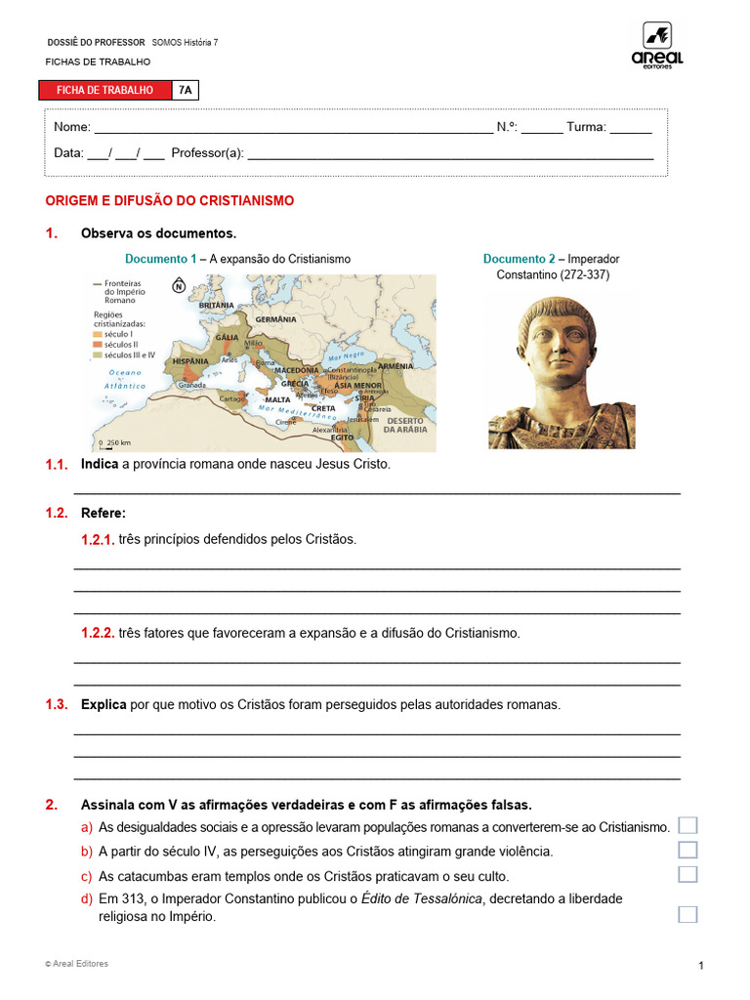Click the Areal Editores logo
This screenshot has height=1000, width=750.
tap(657, 46)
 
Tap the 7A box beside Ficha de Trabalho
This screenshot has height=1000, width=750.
tap(186, 90)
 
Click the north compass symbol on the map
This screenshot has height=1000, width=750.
tap(179, 286)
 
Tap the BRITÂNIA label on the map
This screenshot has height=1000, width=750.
tap(216, 305)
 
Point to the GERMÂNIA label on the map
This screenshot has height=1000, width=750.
tap(275, 319)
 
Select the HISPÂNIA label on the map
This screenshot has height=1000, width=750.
tap(191, 360)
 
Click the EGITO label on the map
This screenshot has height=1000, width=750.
tap(342, 437)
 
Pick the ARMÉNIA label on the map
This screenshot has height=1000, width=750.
tap(395, 366)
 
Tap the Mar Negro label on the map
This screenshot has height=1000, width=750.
tap(347, 354)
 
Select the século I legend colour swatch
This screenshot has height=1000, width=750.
tap(97, 334)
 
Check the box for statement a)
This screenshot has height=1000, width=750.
tap(687, 825)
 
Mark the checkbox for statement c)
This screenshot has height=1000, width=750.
tap(687, 874)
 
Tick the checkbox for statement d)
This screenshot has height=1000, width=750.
tap(687, 914)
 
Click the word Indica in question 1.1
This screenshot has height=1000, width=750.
tap(100, 464)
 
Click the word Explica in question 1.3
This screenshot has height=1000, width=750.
tap(104, 704)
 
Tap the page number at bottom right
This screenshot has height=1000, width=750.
tap(701, 966)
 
